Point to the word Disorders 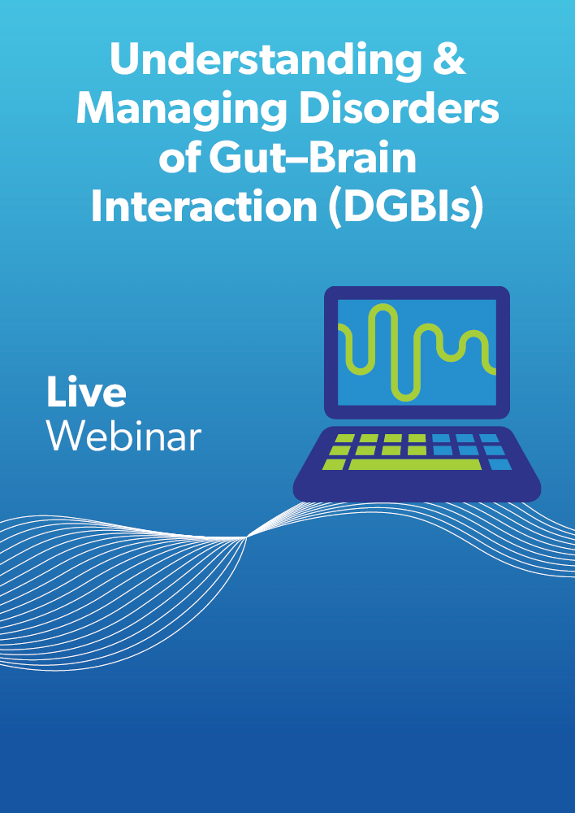point(399,108)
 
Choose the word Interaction point(204,207)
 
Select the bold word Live point(86,392)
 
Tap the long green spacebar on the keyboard point(415,464)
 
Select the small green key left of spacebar point(334,464)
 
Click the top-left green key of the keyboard point(344,439)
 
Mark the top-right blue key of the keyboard point(488,439)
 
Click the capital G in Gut point(225,158)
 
